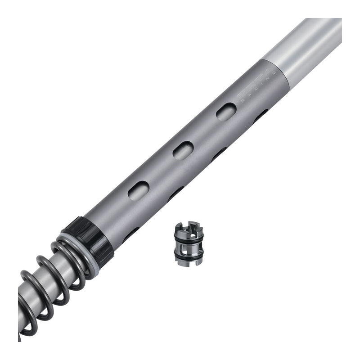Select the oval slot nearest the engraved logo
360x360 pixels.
pos(226,112)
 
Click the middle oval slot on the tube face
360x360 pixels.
pos(183,150)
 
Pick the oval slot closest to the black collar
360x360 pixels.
pos(139,190)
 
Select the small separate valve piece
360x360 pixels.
pos(189,243)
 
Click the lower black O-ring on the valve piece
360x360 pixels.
pos(189,255)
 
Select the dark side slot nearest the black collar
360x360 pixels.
pos(130,234)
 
